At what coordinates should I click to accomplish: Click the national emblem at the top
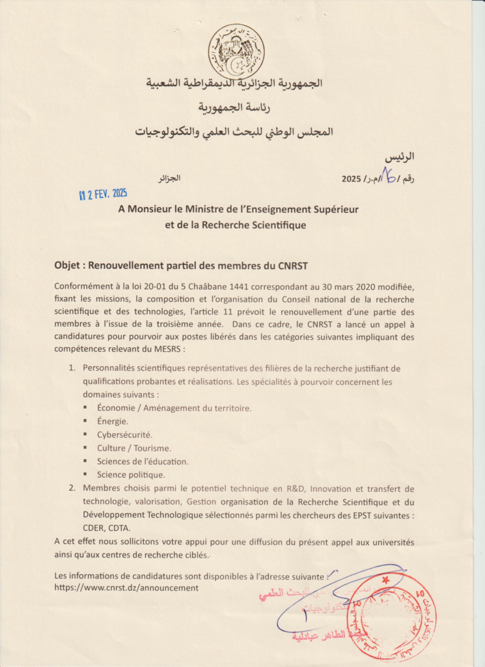(x=236, y=51)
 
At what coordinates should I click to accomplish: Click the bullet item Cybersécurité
(x=124, y=434)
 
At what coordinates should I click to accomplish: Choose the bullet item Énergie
(x=113, y=421)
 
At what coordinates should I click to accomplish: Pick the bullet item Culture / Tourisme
(x=134, y=448)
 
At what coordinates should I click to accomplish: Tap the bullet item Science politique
(x=131, y=475)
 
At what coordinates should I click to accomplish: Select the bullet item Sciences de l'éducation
(x=143, y=461)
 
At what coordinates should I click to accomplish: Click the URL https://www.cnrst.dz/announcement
(x=126, y=588)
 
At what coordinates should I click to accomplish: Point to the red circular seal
(x=391, y=616)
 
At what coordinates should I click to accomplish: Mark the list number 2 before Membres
(x=72, y=488)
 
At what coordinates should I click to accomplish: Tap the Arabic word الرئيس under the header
(x=399, y=157)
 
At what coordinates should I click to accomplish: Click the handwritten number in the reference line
(x=391, y=176)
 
